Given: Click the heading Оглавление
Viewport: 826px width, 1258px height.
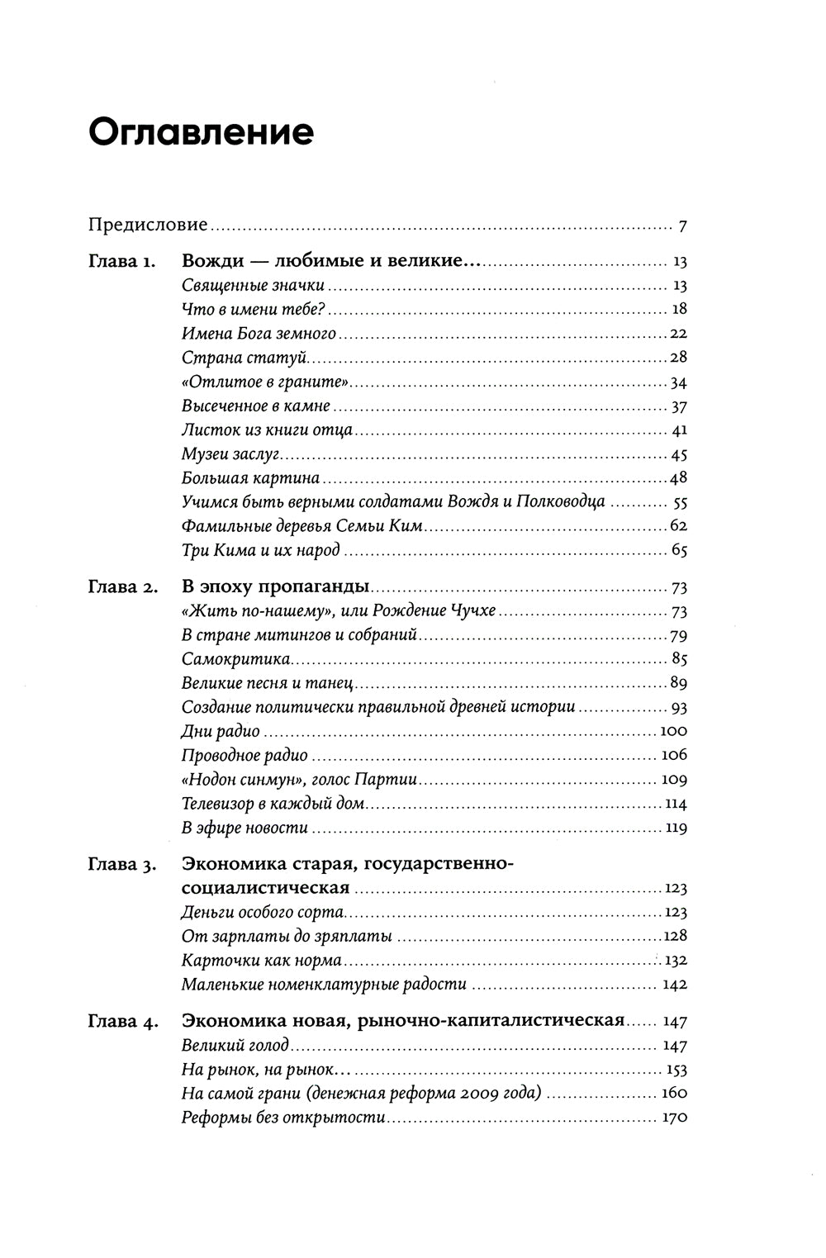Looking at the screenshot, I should (201, 133).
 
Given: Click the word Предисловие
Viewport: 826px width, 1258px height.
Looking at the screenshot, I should (149, 225).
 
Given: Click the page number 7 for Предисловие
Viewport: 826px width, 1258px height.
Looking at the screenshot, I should (682, 225).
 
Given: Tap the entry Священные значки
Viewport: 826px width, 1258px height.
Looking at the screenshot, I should (252, 287).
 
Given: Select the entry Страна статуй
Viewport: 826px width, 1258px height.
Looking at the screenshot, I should (232, 358).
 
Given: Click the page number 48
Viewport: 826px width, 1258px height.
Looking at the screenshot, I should (679, 478).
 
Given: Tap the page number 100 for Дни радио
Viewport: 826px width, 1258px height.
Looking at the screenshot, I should (675, 732).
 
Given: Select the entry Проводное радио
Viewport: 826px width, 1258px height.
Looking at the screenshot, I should (244, 756).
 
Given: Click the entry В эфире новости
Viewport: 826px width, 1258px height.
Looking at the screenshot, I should (244, 828).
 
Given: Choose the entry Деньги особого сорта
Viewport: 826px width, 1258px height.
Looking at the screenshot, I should (263, 913).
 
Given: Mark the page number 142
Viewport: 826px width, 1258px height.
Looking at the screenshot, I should (675, 985).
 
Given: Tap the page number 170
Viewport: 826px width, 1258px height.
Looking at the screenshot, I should (675, 1118).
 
